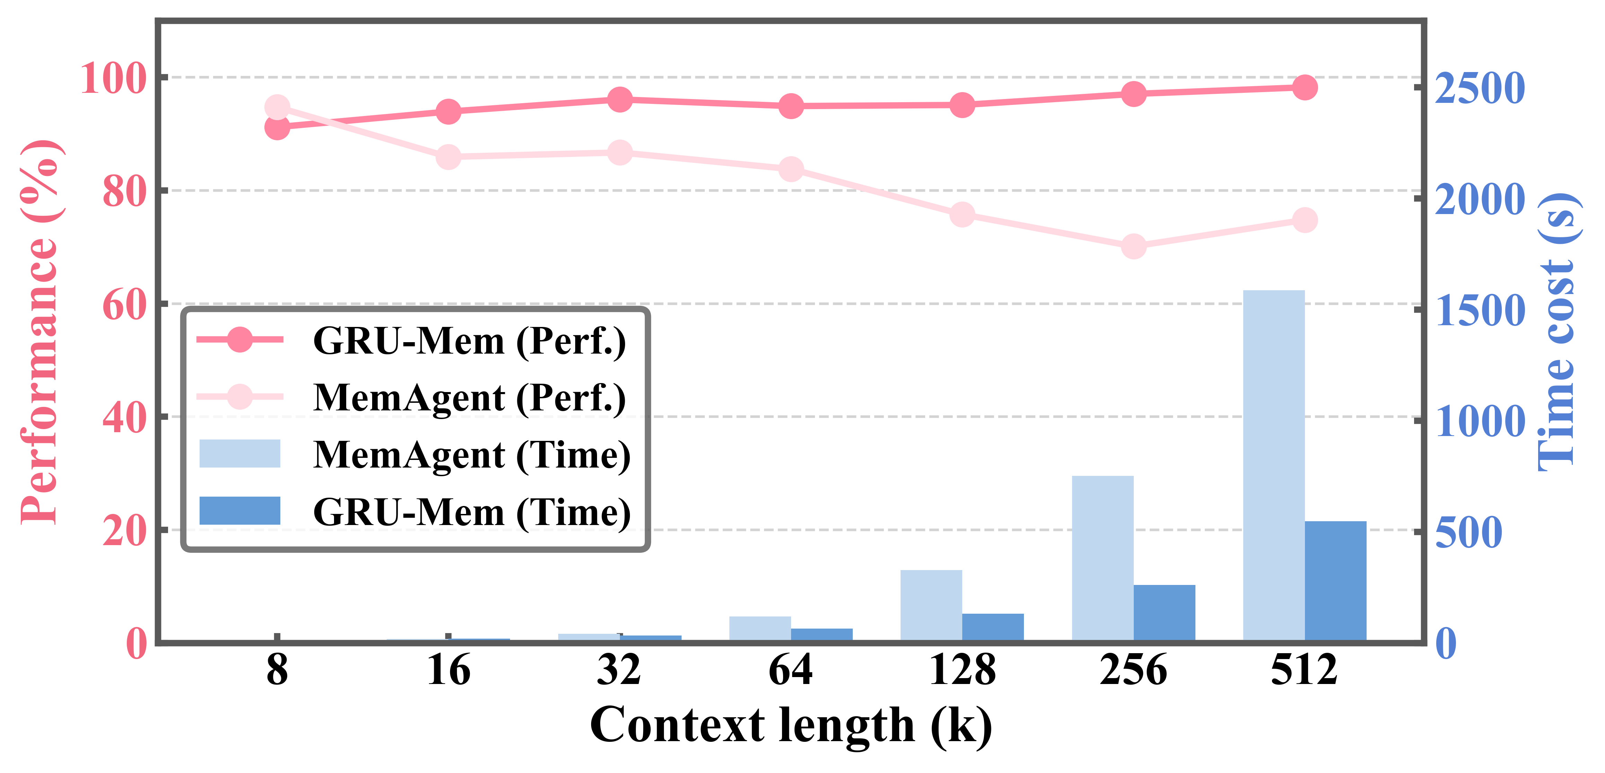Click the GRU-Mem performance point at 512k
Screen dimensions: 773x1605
pos(1305,87)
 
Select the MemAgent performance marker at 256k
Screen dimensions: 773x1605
pos(1133,246)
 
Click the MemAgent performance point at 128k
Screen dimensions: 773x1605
pos(962,215)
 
